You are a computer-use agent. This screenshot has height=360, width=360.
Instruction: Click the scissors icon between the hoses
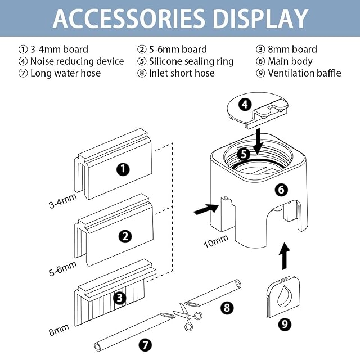click(x=188, y=316)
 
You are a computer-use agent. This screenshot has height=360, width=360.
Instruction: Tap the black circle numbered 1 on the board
click(x=123, y=169)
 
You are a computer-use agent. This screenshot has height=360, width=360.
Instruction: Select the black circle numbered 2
click(x=125, y=236)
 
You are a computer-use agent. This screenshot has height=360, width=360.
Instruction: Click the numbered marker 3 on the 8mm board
click(x=120, y=298)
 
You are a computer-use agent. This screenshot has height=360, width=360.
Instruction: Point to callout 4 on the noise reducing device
click(x=245, y=105)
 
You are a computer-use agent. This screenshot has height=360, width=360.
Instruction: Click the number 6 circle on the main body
click(x=281, y=190)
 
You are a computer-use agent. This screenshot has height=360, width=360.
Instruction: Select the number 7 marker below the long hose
click(x=146, y=344)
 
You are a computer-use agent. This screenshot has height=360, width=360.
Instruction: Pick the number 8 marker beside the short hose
click(x=227, y=308)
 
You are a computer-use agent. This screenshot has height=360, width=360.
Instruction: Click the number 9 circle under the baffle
click(x=285, y=324)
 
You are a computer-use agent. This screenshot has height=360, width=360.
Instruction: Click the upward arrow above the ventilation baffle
click(x=284, y=256)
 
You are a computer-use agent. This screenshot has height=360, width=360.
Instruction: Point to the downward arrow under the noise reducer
click(x=258, y=141)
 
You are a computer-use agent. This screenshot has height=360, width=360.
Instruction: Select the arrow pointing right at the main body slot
click(x=206, y=209)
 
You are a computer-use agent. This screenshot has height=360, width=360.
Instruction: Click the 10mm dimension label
click(x=216, y=241)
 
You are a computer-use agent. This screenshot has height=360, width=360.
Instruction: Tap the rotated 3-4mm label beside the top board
click(x=62, y=201)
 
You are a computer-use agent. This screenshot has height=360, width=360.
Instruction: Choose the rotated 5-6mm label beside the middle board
click(x=62, y=268)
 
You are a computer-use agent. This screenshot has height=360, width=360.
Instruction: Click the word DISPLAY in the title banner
click(x=260, y=19)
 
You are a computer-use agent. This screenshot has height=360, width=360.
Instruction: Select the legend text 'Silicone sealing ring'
click(x=191, y=61)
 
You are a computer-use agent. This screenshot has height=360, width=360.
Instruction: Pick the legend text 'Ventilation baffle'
click(x=304, y=73)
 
